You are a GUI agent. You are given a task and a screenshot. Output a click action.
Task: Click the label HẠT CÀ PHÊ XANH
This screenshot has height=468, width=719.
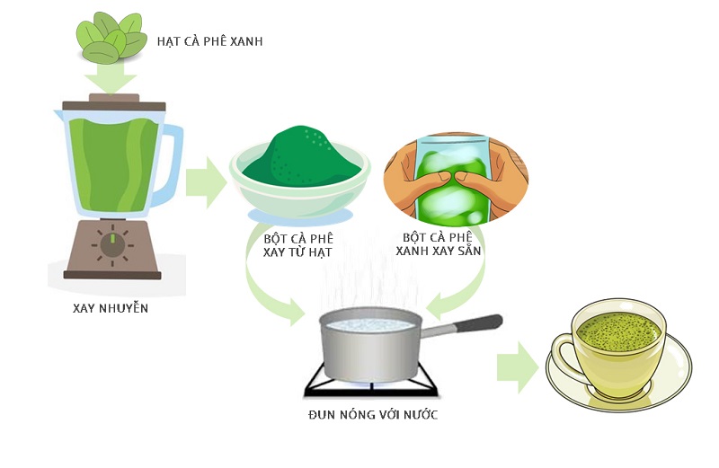(x=210, y=42)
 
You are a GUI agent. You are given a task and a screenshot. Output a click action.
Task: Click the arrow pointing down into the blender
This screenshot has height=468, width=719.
(x=112, y=81)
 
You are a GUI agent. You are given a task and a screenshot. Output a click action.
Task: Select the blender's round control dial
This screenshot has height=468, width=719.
(x=112, y=244)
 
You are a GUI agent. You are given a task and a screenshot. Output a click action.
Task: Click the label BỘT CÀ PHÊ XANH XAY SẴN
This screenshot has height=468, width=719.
(x=438, y=243)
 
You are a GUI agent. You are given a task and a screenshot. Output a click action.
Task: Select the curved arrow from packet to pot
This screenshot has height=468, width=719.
(x=458, y=292)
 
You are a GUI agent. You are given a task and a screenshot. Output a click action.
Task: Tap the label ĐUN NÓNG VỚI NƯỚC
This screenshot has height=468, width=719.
(x=372, y=414)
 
